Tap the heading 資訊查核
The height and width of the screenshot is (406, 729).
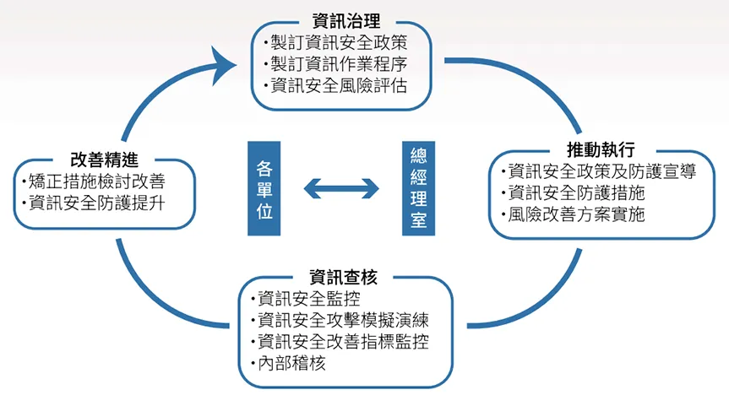point(345,276)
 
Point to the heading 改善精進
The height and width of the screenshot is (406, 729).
point(105,159)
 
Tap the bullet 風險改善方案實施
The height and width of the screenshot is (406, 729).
point(578,214)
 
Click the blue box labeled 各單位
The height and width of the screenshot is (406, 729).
point(264,188)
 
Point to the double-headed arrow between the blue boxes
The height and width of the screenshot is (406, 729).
point(341,188)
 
